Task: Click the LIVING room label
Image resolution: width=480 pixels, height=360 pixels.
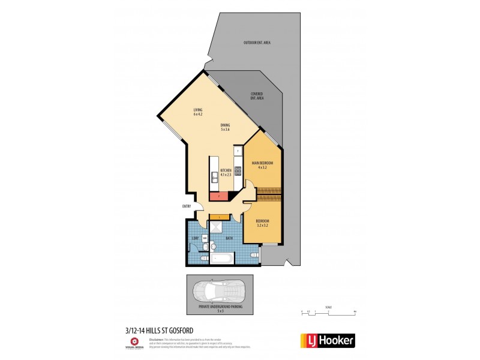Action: coord(197,110)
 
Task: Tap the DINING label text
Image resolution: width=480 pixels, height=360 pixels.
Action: coord(226,125)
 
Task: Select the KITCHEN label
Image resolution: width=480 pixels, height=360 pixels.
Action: coord(226,171)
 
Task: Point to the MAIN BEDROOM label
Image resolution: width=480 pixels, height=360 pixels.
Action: coord(262,163)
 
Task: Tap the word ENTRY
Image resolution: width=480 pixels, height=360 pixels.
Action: coord(186,206)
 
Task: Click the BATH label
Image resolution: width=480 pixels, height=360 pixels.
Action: coord(229,239)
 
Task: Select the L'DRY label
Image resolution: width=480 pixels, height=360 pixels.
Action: coord(194,239)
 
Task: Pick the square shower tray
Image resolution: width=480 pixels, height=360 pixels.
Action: coord(215,227)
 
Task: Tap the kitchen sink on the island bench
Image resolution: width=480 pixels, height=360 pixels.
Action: coord(214,175)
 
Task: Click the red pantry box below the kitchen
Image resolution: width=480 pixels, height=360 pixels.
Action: coord(220,195)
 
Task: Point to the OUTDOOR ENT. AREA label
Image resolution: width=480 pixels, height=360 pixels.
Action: coord(256,43)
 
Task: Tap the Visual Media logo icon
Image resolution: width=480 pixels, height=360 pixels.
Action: coord(134,341)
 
